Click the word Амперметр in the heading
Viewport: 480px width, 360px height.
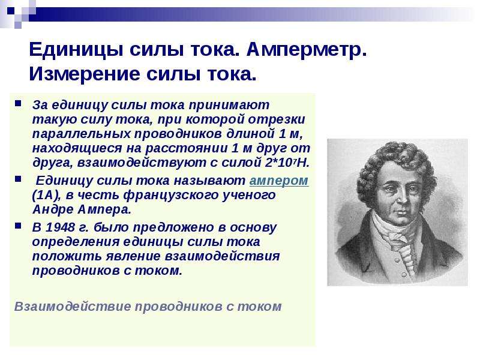(x=306, y=50)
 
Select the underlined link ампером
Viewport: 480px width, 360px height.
(x=278, y=181)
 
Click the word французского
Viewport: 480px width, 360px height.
(x=170, y=196)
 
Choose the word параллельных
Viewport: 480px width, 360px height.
(x=82, y=134)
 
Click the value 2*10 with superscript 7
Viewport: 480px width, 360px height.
(x=281, y=162)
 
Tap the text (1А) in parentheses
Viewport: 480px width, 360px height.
(x=46, y=196)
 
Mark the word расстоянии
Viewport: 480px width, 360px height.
(x=186, y=148)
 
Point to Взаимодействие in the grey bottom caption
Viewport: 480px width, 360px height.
(x=73, y=307)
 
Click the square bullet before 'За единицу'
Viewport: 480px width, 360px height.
(x=19, y=103)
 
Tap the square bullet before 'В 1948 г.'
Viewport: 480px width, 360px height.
(x=19, y=226)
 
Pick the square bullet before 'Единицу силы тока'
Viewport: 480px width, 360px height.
(x=19, y=179)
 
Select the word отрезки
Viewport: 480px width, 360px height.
(x=277, y=119)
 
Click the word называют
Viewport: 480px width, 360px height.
(x=209, y=181)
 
